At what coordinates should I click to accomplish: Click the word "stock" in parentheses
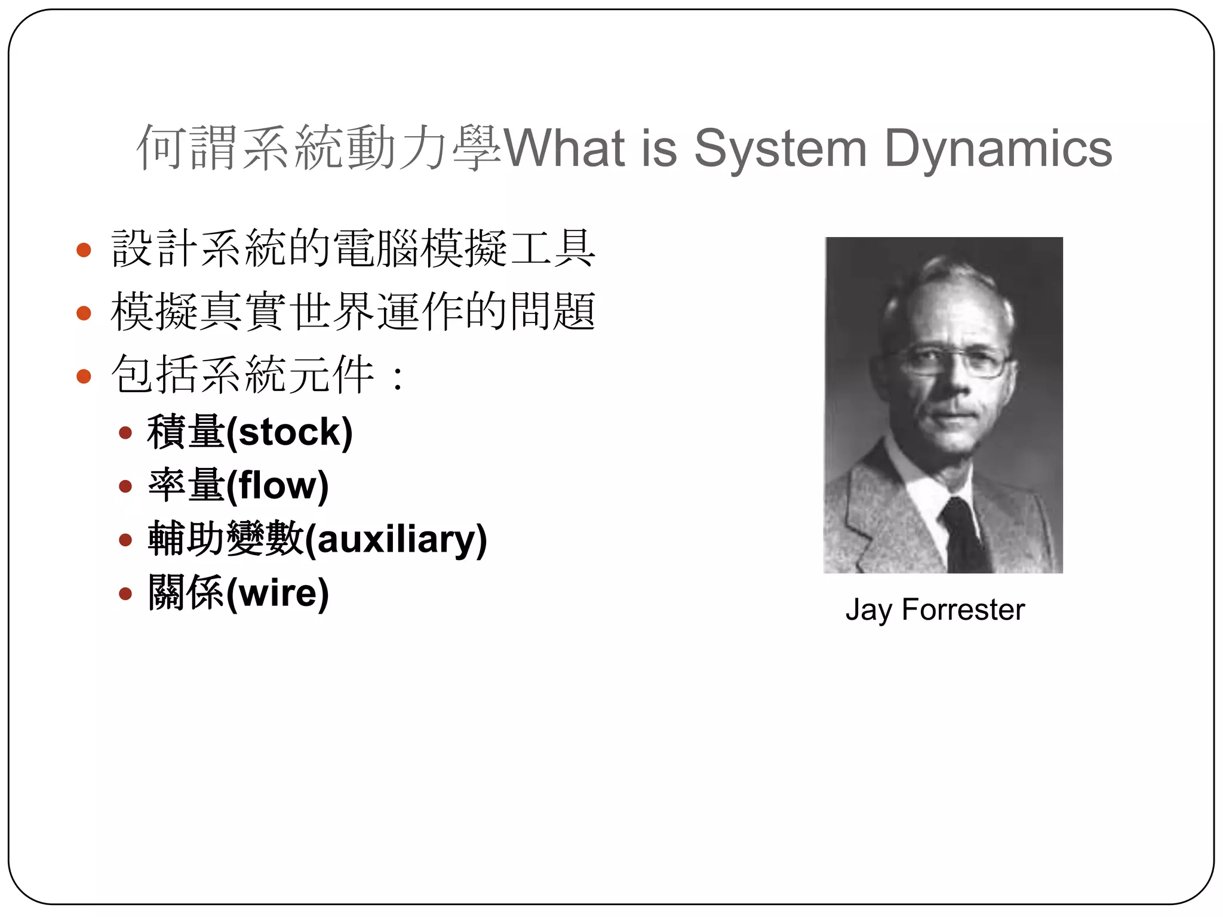coord(290,432)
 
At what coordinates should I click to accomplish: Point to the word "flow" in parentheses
coord(278,485)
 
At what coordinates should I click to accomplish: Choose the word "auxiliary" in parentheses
coord(396,539)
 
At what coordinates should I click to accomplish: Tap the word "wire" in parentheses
coord(278,593)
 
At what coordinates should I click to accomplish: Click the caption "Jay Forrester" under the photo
coord(935,610)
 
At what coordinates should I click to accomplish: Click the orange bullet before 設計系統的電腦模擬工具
coord(84,250)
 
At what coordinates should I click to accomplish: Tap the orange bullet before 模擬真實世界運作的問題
coord(84,313)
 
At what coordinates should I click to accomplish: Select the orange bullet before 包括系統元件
coord(84,376)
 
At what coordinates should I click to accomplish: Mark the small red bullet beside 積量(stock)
coord(125,433)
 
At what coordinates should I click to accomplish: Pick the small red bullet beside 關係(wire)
coord(125,593)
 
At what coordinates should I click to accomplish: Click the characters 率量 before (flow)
coord(186,485)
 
